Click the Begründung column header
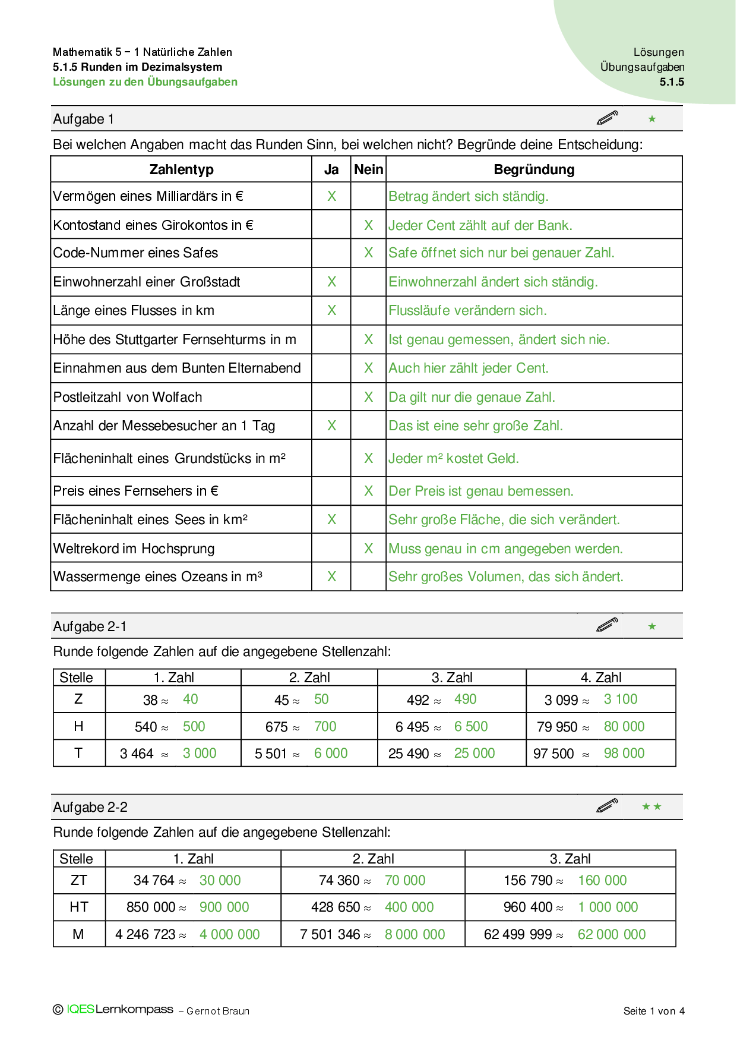click(534, 170)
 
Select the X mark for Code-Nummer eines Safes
click(369, 253)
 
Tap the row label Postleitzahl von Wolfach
click(128, 397)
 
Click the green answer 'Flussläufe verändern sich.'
click(467, 311)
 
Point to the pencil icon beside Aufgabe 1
click(607, 118)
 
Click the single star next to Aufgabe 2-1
click(652, 626)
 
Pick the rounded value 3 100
click(620, 699)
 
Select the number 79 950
click(557, 727)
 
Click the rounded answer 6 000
click(331, 754)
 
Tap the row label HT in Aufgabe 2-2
click(79, 907)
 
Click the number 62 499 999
click(518, 935)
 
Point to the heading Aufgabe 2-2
click(90, 807)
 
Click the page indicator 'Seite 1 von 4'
click(654, 1011)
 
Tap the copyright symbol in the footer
click(58, 1010)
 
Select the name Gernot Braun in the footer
click(218, 1012)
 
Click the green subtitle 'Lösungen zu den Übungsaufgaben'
click(145, 82)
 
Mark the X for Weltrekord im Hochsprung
click(369, 549)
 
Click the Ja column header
click(331, 170)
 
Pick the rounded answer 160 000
click(602, 881)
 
